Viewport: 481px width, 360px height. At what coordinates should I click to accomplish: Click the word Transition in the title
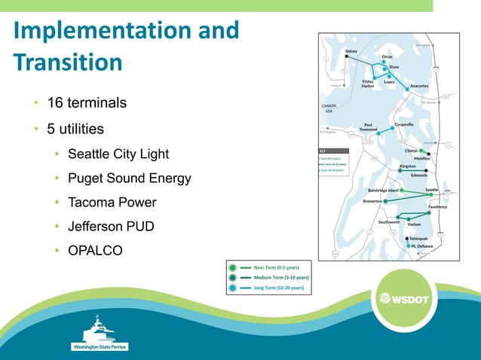tap(68, 62)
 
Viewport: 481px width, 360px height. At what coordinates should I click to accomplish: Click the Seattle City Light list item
tap(118, 154)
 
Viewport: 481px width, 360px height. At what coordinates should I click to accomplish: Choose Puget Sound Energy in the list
tap(129, 178)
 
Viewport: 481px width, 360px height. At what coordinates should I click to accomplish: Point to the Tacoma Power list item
tap(112, 203)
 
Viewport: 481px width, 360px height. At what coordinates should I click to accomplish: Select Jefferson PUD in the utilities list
tap(111, 226)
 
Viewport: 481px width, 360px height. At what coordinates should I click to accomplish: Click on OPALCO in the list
tap(95, 250)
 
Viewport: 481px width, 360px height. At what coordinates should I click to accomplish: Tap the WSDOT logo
tap(404, 299)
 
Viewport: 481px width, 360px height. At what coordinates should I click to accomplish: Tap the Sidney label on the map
tap(351, 51)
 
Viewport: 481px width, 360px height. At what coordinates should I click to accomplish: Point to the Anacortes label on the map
tap(413, 86)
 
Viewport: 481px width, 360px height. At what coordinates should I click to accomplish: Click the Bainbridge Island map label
tap(382, 191)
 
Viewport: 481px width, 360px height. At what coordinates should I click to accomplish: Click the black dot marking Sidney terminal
tap(346, 56)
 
